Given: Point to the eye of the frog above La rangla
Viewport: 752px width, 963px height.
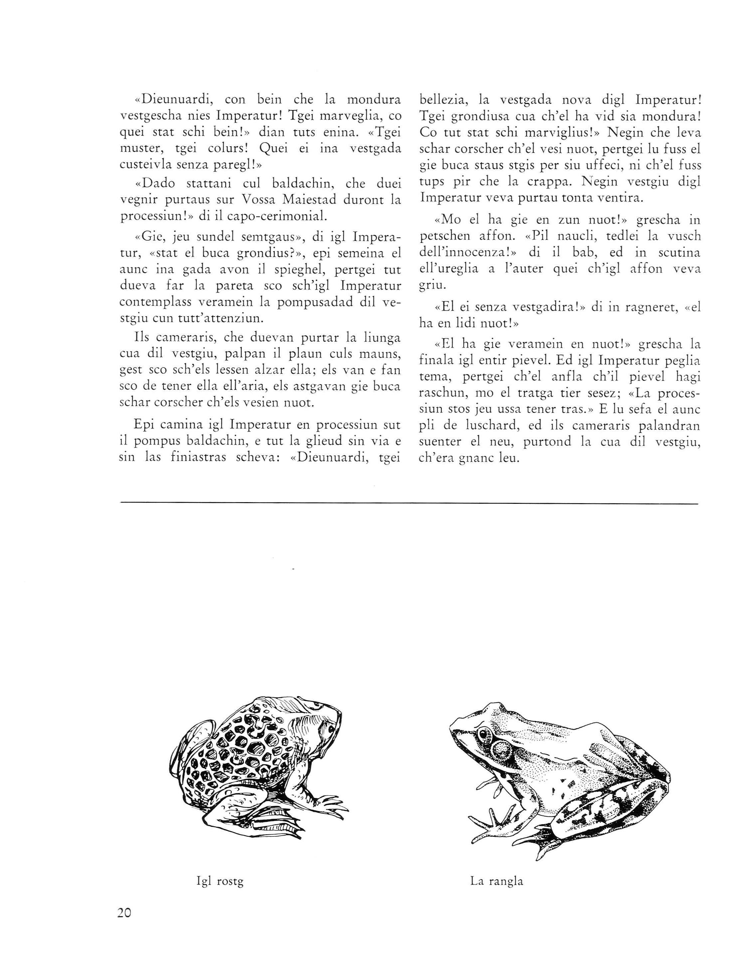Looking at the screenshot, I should point(484,734).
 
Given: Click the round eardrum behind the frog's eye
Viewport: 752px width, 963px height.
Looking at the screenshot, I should point(501,748).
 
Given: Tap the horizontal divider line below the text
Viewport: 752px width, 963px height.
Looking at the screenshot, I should point(409,503).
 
